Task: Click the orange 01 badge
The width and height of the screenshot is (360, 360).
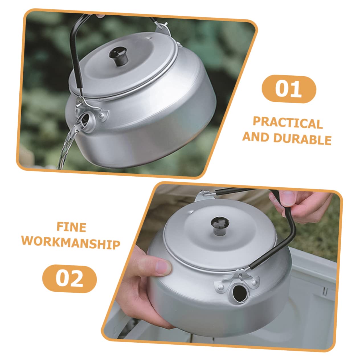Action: click(289, 89)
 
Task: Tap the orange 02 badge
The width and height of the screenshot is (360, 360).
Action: click(70, 279)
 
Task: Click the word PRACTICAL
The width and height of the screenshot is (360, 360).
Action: click(288, 123)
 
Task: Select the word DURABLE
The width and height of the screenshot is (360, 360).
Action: click(302, 138)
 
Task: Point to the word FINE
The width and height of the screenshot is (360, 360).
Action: click(71, 227)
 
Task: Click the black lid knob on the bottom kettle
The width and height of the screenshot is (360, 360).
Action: click(220, 226)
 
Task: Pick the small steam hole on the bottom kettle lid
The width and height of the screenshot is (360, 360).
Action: click(191, 212)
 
